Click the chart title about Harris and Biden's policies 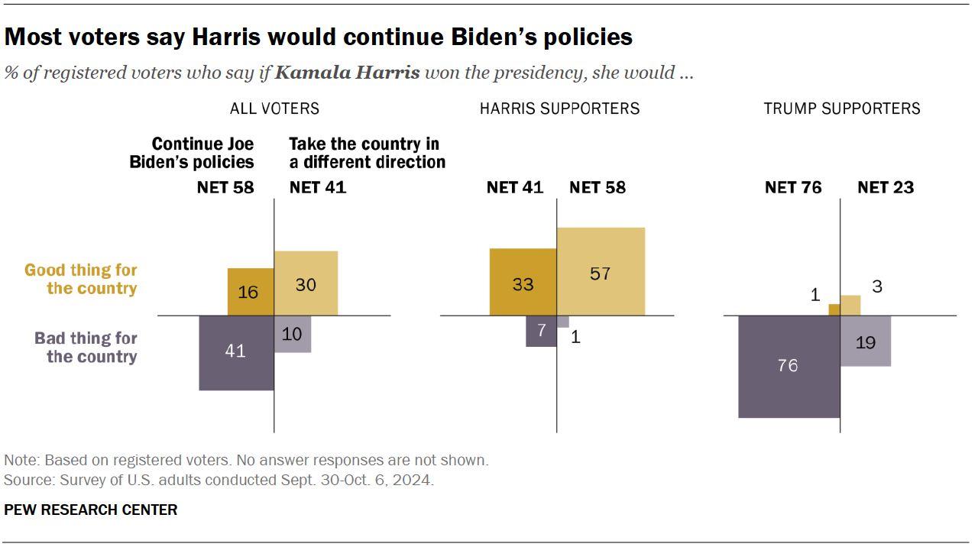pyautogui.click(x=319, y=37)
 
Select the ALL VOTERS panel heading pyautogui.click(x=274, y=108)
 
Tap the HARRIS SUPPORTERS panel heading pyautogui.click(x=559, y=108)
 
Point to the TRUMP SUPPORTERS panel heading pyautogui.click(x=842, y=108)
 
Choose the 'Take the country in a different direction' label pyautogui.click(x=367, y=153)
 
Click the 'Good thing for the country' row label pyautogui.click(x=81, y=279)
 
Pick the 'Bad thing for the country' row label pyautogui.click(x=86, y=348)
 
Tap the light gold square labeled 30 pyautogui.click(x=306, y=283)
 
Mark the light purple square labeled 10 pyautogui.click(x=293, y=334)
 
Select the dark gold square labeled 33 pyautogui.click(x=523, y=282)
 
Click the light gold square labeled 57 pyautogui.click(x=601, y=271)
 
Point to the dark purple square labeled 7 pyautogui.click(x=541, y=331)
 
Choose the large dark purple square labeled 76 pyautogui.click(x=789, y=367)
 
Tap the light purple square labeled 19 pyautogui.click(x=866, y=341)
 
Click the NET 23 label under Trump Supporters pyautogui.click(x=886, y=187)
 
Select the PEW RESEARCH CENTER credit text pyautogui.click(x=91, y=510)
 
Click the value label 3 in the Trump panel pyautogui.click(x=877, y=286)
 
